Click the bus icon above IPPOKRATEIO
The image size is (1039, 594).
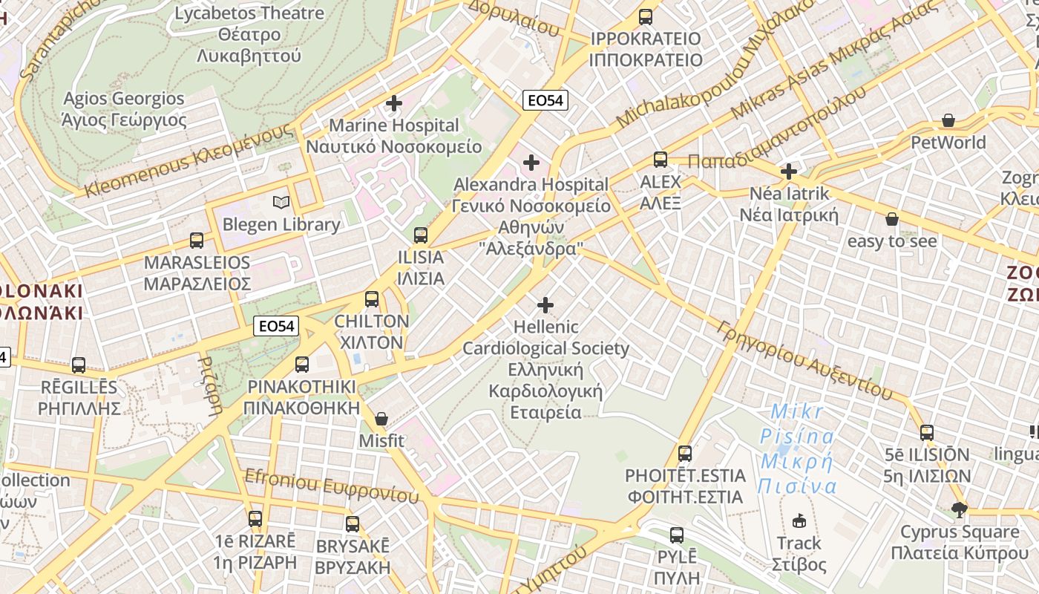[x=646, y=16]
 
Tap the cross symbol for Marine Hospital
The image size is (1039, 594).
[x=394, y=103]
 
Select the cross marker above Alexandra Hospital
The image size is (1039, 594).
[x=531, y=162]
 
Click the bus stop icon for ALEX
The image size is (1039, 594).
[x=661, y=159]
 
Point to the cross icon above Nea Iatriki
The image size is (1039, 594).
[x=789, y=172]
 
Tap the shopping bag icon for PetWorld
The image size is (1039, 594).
[x=948, y=120]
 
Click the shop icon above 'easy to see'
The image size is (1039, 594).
[x=892, y=219]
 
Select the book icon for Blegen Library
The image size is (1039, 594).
[x=281, y=202]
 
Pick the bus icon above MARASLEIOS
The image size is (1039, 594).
[x=197, y=240]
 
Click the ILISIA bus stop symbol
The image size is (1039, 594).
[x=421, y=235]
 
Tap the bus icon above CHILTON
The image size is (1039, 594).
[x=372, y=299]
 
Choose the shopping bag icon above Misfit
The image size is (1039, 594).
[x=381, y=419]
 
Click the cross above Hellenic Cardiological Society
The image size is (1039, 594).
[x=545, y=304]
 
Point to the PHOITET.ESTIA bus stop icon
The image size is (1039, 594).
[x=685, y=453]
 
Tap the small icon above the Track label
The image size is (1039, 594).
[x=799, y=520]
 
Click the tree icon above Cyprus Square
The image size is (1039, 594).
[x=960, y=509]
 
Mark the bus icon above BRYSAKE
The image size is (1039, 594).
[x=353, y=523]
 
